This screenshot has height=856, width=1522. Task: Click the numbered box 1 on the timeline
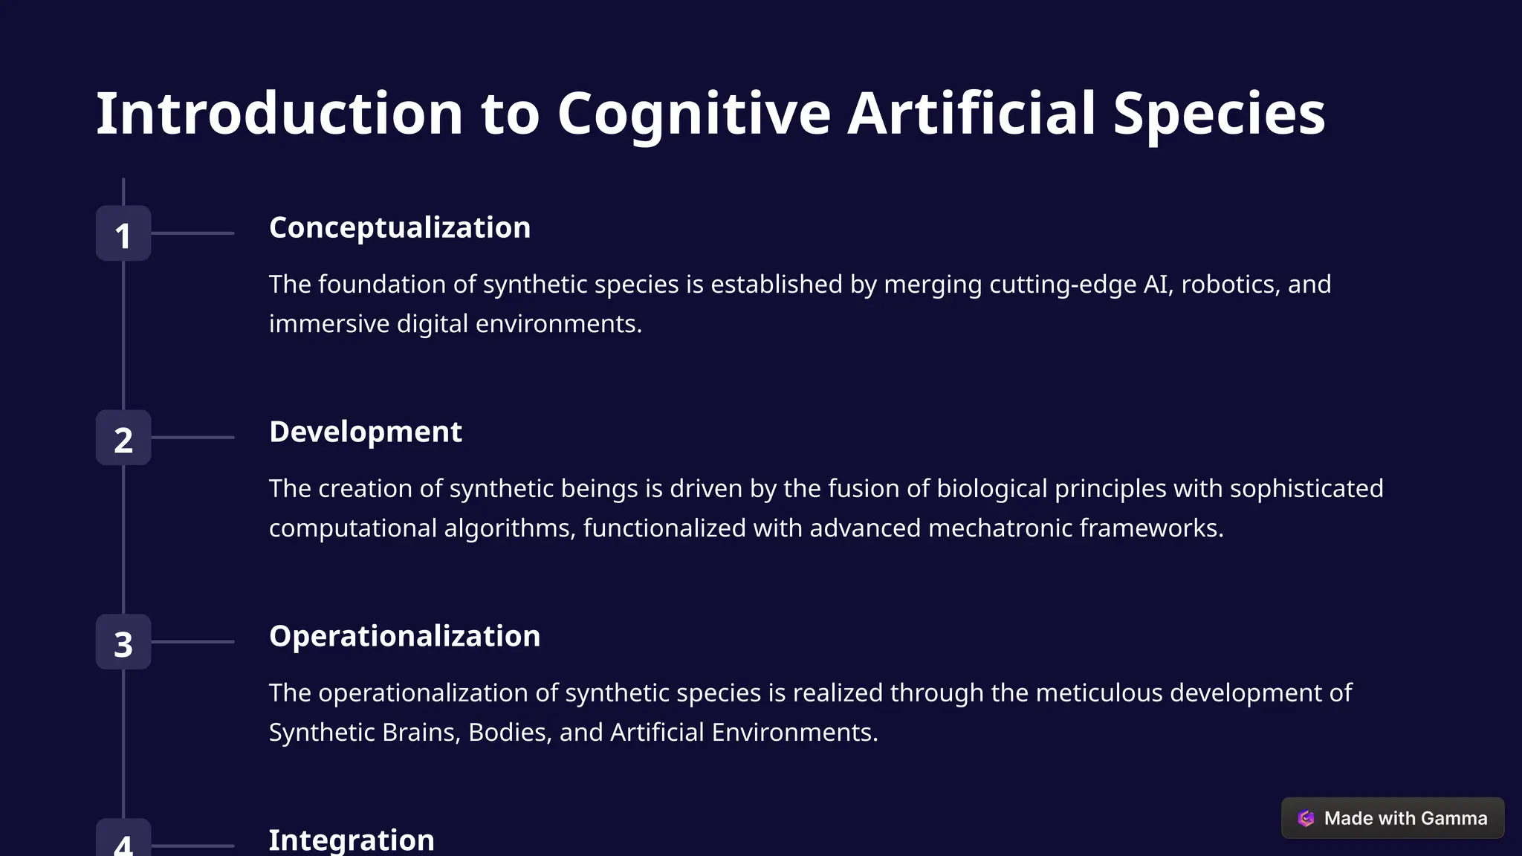(123, 233)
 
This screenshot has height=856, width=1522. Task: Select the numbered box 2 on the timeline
(123, 438)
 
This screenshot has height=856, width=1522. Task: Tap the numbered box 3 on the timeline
(123, 642)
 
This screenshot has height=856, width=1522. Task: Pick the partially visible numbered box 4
(123, 840)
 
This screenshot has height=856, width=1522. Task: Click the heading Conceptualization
(400, 227)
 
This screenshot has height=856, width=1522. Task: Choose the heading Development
(365, 432)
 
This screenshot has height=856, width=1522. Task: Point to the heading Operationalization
(404, 636)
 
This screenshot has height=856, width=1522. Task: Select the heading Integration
(351, 840)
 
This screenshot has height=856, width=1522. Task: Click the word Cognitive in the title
(693, 114)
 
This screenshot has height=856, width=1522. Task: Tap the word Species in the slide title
(1219, 114)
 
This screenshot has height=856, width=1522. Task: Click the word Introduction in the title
(279, 114)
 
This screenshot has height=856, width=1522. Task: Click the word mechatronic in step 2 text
(1000, 528)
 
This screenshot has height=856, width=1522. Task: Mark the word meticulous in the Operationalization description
(1098, 693)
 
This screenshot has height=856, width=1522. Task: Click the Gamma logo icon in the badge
(1306, 818)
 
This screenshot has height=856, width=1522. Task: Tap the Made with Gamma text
(1405, 818)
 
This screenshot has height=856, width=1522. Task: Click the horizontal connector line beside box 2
(192, 438)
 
